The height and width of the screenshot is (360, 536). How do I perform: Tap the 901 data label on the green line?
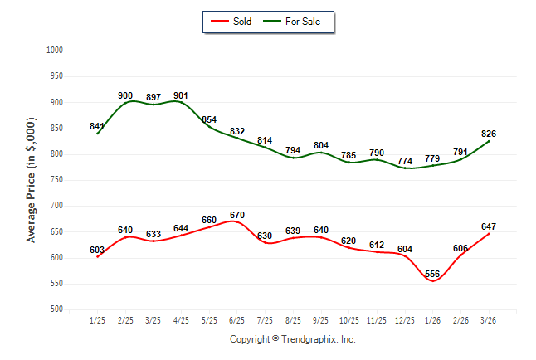coord(182,95)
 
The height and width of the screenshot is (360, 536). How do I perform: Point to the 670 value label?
coord(237,216)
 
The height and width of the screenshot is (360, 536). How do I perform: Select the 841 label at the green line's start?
coord(97,126)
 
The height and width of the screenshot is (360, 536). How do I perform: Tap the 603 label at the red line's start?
coord(97,249)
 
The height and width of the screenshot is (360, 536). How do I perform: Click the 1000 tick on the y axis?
coord(56,51)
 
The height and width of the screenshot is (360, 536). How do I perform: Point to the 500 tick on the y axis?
coord(57,309)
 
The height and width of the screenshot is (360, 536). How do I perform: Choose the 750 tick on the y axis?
coord(57,180)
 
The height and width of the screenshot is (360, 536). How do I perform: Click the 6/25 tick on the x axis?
coord(237,320)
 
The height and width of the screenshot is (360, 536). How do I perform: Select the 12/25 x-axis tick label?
coord(406,320)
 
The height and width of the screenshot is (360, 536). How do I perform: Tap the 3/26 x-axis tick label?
coord(490,320)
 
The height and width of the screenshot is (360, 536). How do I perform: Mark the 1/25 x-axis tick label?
coord(97,320)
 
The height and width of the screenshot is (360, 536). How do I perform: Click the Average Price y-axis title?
coord(32,179)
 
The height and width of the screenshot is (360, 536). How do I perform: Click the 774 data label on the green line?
coord(406,160)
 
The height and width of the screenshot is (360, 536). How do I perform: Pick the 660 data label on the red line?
coord(209,221)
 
